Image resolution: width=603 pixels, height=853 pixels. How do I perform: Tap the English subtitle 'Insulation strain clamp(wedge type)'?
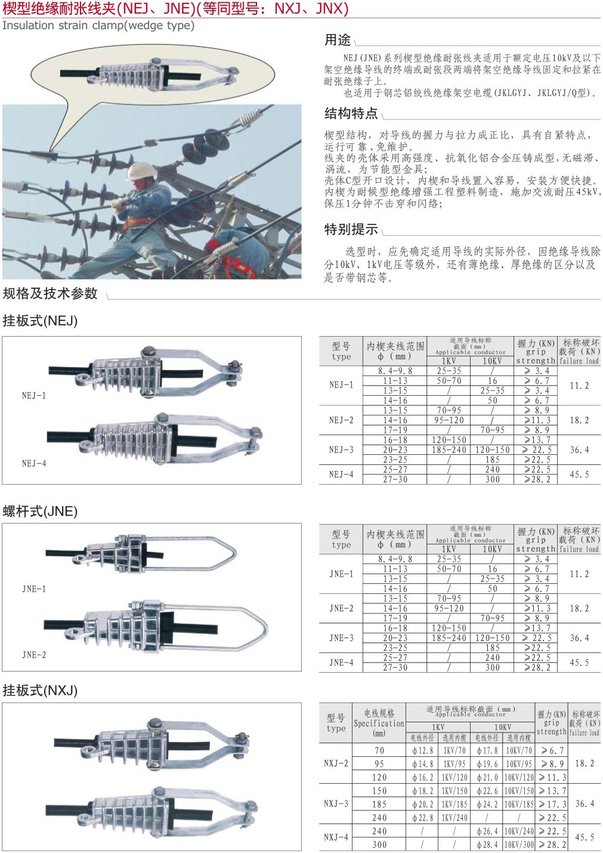(x=98, y=26)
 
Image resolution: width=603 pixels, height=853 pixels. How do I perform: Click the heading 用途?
(x=337, y=40)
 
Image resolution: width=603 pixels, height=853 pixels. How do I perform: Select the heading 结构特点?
(x=351, y=113)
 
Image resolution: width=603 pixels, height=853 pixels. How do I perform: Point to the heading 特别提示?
(x=351, y=229)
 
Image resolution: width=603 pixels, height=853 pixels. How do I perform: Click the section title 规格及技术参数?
(x=50, y=294)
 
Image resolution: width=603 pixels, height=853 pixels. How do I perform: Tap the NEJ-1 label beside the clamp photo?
(x=34, y=396)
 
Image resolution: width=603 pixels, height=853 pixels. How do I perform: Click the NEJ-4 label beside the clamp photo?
(x=34, y=463)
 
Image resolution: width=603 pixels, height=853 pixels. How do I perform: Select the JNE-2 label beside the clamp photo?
(x=34, y=655)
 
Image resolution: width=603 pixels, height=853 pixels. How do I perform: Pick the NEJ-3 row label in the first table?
(x=341, y=450)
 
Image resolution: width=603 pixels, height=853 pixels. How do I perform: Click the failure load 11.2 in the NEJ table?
(x=579, y=386)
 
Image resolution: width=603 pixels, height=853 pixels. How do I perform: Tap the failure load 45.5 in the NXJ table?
(x=585, y=837)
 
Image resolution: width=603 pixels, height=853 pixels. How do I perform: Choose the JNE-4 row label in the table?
(x=341, y=663)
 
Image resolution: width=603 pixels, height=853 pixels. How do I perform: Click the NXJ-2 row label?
(x=336, y=763)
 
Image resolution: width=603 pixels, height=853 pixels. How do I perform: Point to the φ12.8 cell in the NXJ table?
(x=422, y=750)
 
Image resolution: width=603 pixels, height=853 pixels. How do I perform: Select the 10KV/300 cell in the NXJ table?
(x=519, y=845)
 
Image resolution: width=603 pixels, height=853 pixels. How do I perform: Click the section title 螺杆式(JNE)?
(x=41, y=512)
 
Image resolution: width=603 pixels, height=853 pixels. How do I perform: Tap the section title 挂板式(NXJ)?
(x=41, y=691)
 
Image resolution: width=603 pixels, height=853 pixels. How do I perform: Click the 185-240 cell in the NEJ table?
(x=449, y=450)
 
